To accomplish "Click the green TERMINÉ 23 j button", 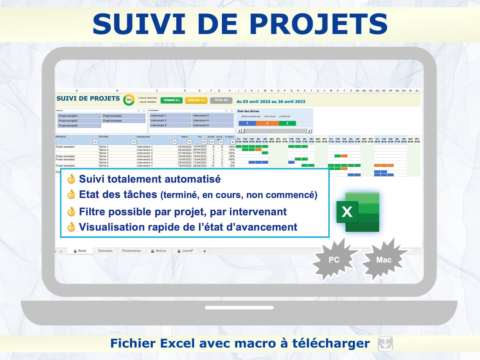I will pyautogui.click(x=172, y=100).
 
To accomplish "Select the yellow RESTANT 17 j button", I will pyautogui.click(x=196, y=100).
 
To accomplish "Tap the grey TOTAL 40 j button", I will pyautogui.click(x=221, y=100).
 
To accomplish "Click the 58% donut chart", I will pyautogui.click(x=129, y=100).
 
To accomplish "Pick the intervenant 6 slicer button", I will pyautogui.click(x=212, y=125).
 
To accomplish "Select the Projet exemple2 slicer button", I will pyautogui.click(x=124, y=116).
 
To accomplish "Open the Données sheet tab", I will pyautogui.click(x=105, y=251).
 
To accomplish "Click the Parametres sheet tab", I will pyautogui.click(x=131, y=251).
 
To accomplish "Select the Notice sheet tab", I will pyautogui.click(x=159, y=251).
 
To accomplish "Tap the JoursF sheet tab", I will pyautogui.click(x=185, y=251).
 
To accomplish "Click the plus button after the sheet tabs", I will pyautogui.click(x=204, y=251).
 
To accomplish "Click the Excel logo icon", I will pyautogui.click(x=358, y=212).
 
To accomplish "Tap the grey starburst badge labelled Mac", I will pyautogui.click(x=384, y=260).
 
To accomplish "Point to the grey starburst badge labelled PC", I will pyautogui.click(x=334, y=259).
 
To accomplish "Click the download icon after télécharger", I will pyautogui.click(x=385, y=344).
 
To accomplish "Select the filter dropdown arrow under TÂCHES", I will pyautogui.click(x=133, y=142).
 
